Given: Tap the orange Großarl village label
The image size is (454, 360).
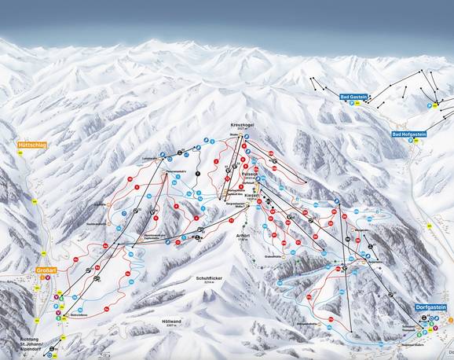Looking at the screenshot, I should point(46,270).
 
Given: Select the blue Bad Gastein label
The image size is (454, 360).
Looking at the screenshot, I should point(353,97).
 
